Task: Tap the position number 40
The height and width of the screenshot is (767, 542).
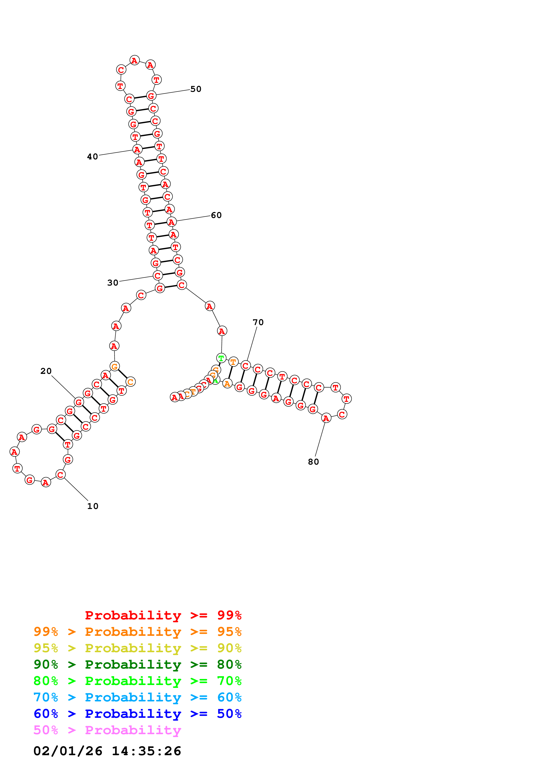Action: click(x=92, y=157)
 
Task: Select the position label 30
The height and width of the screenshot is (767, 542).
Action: click(x=113, y=283)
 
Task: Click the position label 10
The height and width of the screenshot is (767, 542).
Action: click(x=93, y=506)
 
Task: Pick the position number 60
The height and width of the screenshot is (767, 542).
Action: click(x=216, y=215)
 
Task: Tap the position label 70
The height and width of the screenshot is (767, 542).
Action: click(x=258, y=322)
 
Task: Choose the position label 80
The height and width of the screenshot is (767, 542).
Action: click(x=313, y=462)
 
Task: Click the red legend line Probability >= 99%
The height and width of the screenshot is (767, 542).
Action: click(x=163, y=615)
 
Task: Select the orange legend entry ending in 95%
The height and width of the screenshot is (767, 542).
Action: click(x=138, y=631)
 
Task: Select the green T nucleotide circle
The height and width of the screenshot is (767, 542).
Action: click(x=221, y=358)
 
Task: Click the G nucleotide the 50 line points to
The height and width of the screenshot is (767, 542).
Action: click(x=151, y=96)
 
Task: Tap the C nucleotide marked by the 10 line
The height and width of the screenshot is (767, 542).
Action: click(x=60, y=474)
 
